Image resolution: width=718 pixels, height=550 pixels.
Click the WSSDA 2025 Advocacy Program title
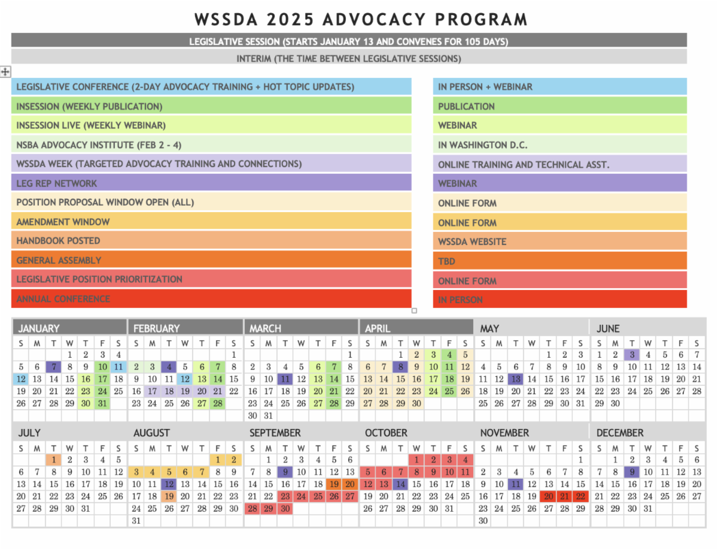click(x=361, y=19)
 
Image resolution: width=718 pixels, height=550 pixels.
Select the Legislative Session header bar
click(x=349, y=41)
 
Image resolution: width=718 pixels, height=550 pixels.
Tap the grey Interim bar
click(x=349, y=59)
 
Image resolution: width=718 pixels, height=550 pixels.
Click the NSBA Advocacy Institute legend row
click(x=211, y=144)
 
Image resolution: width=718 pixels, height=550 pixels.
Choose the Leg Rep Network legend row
click(x=211, y=183)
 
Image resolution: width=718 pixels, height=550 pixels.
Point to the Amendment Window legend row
click(x=211, y=222)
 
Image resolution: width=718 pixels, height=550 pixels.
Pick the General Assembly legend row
click(x=211, y=260)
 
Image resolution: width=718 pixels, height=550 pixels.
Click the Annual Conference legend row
click(x=211, y=298)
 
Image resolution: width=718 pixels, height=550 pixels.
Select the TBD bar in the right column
click(x=559, y=261)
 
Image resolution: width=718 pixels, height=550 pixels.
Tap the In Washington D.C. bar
click(x=559, y=145)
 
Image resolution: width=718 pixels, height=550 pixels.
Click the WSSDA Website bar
click(x=559, y=241)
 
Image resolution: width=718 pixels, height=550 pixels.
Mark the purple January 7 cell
click(x=54, y=367)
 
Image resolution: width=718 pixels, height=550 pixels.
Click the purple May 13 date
click(x=515, y=379)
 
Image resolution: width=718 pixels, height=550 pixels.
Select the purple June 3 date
click(x=631, y=355)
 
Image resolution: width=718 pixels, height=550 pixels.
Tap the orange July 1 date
click(x=54, y=460)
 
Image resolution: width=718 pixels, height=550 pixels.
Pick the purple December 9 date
click(x=631, y=472)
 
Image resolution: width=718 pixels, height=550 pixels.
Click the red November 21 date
click(x=564, y=496)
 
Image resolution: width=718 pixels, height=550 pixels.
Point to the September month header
click(x=275, y=433)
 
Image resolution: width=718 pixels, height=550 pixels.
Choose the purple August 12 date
click(x=169, y=484)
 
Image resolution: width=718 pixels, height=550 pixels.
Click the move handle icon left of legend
click(x=5, y=72)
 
